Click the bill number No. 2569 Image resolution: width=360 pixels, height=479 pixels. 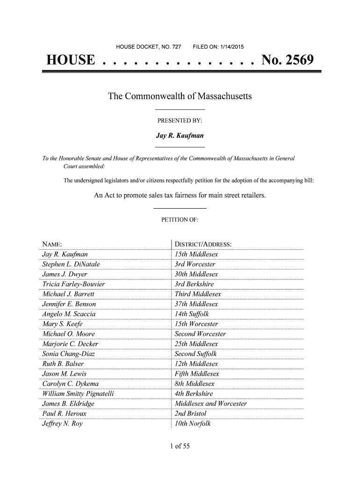point(288,61)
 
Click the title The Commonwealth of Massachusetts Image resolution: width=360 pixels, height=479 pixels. point(180,97)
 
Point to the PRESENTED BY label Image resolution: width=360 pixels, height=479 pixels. point(180,121)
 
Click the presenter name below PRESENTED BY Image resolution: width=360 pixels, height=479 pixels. point(180,136)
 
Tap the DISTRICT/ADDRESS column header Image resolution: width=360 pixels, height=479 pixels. point(203,245)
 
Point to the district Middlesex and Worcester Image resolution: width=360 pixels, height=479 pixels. point(210,404)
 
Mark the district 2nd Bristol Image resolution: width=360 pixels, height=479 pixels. point(190,414)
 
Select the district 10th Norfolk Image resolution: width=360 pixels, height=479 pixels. point(193,424)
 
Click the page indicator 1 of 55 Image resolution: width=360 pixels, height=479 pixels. point(180,446)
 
